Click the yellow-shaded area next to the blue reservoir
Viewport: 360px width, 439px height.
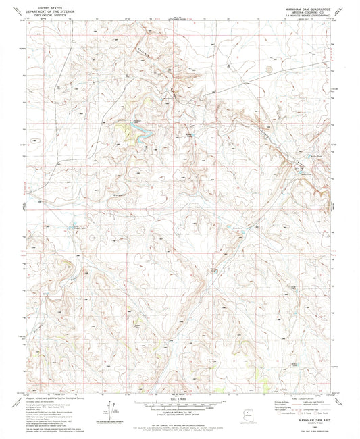point(122,126)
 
